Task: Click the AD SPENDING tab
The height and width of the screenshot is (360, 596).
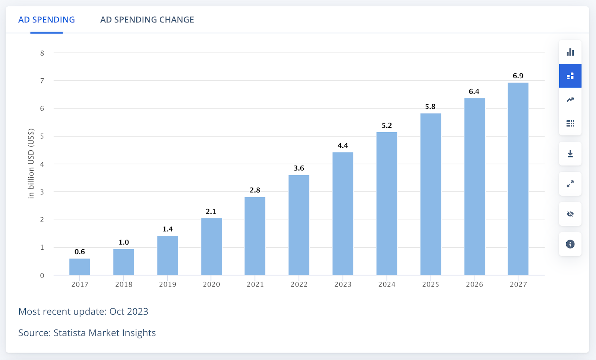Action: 47,20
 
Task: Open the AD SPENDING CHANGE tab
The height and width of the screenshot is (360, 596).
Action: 147,20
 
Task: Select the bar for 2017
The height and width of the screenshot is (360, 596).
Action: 80,267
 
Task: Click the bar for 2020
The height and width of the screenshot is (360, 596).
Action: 212,247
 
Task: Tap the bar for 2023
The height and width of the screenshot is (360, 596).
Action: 343,214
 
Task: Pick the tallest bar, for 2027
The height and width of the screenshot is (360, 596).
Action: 518,179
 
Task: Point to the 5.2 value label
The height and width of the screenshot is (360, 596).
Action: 387,126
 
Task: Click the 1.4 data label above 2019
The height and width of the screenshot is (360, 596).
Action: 168,229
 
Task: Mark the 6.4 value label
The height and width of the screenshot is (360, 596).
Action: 474,92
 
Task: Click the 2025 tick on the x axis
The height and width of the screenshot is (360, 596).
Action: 431,284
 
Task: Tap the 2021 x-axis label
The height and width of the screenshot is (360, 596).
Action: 255,284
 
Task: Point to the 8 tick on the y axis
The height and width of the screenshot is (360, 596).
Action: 42,53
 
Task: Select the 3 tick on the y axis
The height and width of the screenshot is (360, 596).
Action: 42,192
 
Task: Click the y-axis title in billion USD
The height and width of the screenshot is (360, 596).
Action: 31,163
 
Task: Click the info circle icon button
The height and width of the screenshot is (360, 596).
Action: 570,244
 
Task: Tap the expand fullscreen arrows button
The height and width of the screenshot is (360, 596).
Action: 570,184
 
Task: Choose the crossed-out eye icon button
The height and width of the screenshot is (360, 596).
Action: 570,214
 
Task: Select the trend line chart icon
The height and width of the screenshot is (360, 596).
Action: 570,100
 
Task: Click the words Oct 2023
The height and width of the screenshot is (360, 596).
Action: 129,312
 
